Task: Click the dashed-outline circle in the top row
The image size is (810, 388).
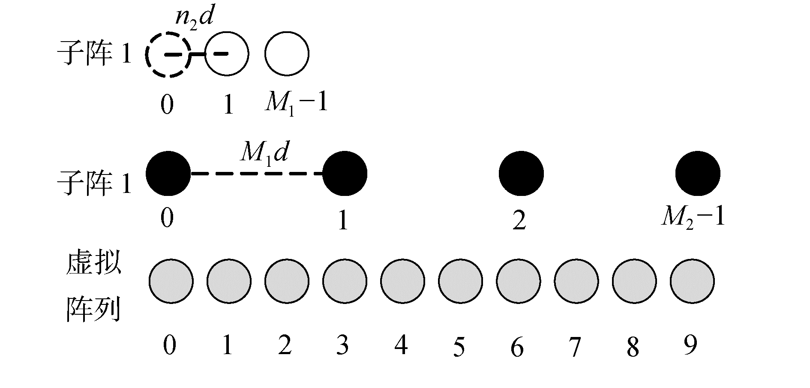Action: (x=167, y=54)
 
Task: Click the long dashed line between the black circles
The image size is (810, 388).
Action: (x=256, y=174)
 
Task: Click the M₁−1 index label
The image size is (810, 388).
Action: (x=296, y=103)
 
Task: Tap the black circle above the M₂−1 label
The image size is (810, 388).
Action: (x=697, y=173)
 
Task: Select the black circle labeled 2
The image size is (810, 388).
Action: (x=521, y=174)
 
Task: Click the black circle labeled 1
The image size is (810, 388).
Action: (x=345, y=173)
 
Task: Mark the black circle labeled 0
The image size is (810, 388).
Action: (x=168, y=173)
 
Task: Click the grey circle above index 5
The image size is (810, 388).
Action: (x=460, y=281)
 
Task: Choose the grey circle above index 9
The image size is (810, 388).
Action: (x=692, y=281)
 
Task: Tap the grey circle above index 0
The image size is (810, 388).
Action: (x=171, y=281)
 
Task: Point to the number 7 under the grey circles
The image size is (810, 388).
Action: (x=575, y=346)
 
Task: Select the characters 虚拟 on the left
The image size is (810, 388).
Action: (x=93, y=263)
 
